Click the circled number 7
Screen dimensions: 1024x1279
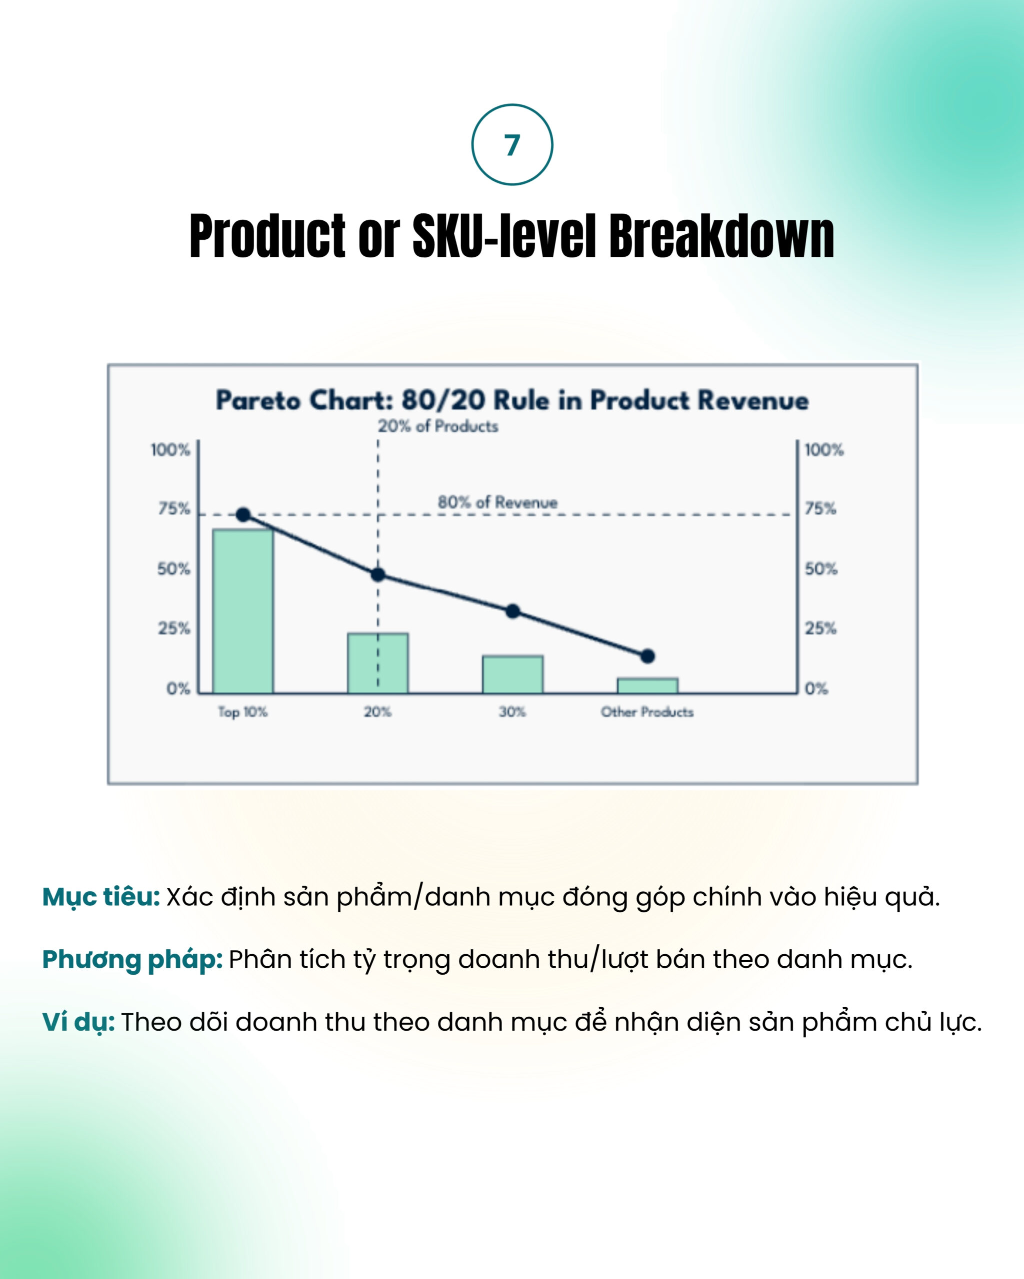tap(512, 145)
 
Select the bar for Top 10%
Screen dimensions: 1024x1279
tap(243, 611)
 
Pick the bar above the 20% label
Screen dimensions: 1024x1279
tap(377, 662)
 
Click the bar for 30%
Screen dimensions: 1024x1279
tap(512, 674)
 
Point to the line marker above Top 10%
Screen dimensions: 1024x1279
tap(243, 514)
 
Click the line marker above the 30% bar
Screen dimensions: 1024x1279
tap(513, 611)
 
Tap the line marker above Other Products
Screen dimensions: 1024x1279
tap(647, 656)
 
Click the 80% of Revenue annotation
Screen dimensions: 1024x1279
tap(497, 503)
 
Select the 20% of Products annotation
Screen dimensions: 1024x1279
tap(438, 426)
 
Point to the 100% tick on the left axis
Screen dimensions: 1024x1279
tap(170, 450)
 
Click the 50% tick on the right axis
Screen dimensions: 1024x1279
tap(821, 569)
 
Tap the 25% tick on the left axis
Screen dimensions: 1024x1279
tap(174, 628)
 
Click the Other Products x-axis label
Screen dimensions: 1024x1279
tap(647, 712)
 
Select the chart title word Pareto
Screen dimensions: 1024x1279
tap(258, 400)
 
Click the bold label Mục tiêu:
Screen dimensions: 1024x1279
tap(101, 896)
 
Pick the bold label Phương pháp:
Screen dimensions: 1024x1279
tap(132, 959)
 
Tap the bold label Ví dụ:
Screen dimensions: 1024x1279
tap(78, 1022)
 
